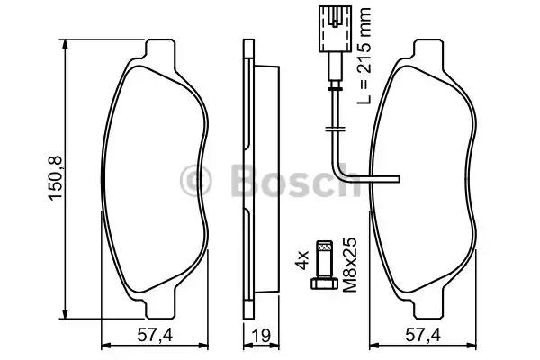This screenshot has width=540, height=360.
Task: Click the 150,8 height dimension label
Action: click(56, 178)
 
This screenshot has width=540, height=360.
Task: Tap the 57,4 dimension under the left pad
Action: click(155, 335)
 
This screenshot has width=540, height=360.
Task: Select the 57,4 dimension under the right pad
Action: click(423, 335)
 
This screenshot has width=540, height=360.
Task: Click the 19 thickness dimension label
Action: click(261, 335)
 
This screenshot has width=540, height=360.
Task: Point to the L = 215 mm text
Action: click(364, 55)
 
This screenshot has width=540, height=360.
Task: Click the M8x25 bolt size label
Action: click(350, 265)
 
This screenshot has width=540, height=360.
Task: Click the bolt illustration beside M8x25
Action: click(324, 265)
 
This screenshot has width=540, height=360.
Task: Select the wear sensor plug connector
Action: click(335, 29)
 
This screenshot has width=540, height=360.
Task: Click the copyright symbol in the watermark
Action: click(195, 181)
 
